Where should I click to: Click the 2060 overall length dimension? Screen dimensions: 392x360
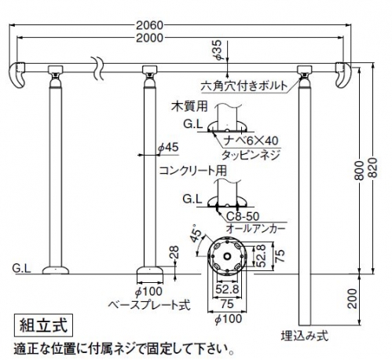(149, 25)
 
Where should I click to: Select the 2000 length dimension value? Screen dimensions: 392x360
(149, 38)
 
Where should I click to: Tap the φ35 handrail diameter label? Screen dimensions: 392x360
(218, 50)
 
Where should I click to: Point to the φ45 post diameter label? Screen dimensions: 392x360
(168, 148)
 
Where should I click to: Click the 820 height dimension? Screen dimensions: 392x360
(372, 167)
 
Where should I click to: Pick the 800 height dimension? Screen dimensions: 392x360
(360, 171)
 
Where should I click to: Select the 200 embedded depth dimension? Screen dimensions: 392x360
(353, 299)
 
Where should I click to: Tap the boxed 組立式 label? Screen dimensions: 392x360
(43, 325)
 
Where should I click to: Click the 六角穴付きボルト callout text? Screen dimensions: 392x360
(244, 86)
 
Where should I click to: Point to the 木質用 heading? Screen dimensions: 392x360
(189, 106)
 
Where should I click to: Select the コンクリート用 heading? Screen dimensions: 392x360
(192, 171)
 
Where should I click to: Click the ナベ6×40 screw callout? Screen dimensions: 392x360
(251, 141)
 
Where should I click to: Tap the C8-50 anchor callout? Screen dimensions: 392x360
(243, 216)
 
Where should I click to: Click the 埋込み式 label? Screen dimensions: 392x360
(305, 336)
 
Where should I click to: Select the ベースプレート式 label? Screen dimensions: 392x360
(149, 305)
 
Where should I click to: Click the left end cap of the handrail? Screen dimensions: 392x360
(17, 75)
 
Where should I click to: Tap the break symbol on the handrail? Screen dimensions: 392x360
(99, 68)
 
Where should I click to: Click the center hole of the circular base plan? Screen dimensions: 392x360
(227, 256)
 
